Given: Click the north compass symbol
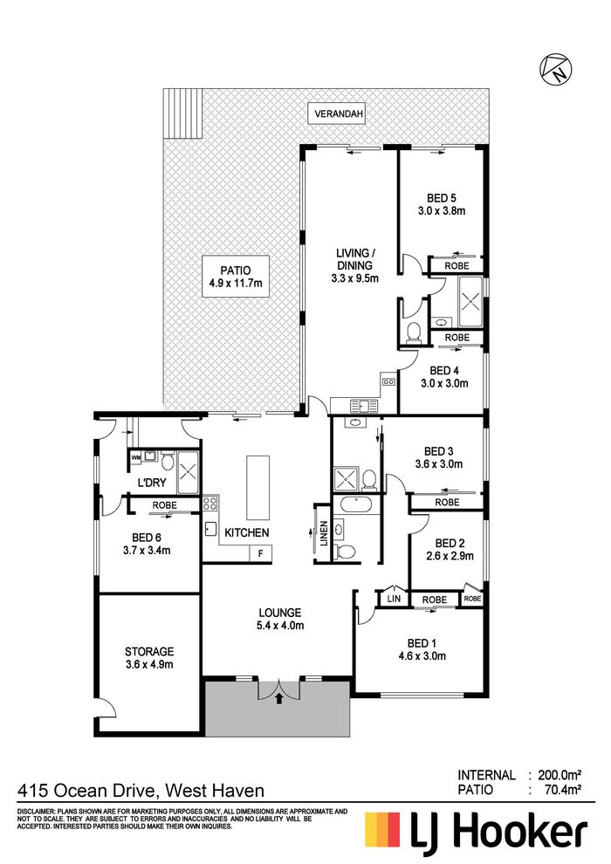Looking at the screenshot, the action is pos(555,70).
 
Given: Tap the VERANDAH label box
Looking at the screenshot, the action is pos(339,114).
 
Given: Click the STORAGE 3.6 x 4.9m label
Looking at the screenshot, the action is pos(149,658).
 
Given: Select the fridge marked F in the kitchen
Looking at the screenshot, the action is pos(261,553).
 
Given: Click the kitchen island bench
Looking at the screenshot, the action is pos(257,487).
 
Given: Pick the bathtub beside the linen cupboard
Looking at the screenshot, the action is pos(357,504).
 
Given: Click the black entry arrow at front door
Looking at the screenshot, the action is pos(278,699).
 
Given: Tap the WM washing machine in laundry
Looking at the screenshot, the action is pos(135,456).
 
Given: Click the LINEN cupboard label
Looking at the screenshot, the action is pos(324,533).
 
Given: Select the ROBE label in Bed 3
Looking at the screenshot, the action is pos(447,502).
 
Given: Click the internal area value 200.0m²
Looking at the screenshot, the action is pos(560,775).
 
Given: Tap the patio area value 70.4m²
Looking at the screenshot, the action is pos(563,790).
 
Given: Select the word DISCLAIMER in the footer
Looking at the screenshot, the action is pos(36,813).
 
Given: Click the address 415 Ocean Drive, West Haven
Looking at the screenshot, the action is pos(141,791).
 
